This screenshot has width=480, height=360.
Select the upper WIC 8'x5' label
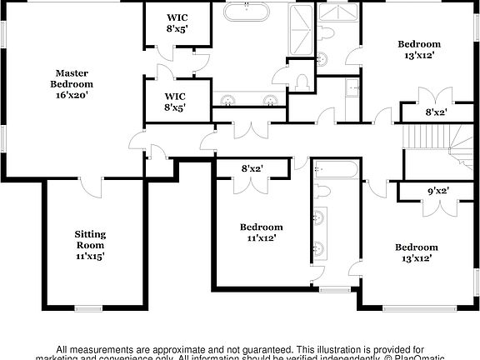click(177, 23)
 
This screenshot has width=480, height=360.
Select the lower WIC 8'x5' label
click(175, 101)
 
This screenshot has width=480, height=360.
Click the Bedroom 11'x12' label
click(261, 232)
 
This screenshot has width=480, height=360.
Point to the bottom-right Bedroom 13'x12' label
click(416, 252)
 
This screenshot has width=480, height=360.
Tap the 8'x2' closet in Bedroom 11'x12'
click(252, 168)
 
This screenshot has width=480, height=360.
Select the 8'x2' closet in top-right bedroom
click(436, 111)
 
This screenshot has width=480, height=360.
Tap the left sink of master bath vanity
click(227, 99)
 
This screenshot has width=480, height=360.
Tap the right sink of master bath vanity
click(270, 99)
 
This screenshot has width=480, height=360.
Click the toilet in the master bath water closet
click(302, 81)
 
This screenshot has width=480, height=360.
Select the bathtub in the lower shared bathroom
click(336, 170)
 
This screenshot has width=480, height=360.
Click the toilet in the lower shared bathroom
click(323, 192)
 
